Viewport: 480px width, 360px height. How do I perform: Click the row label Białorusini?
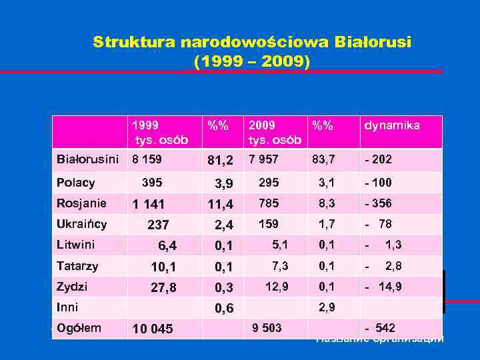(88, 160)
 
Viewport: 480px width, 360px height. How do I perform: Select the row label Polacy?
(76, 183)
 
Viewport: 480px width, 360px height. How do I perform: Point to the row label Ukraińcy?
(82, 224)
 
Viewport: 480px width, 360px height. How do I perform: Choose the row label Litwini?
(76, 245)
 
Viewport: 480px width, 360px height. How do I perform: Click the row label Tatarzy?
(78, 266)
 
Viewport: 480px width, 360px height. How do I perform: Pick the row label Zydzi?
(73, 287)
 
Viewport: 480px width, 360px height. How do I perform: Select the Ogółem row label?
(79, 327)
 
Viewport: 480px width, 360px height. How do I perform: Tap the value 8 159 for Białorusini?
(147, 160)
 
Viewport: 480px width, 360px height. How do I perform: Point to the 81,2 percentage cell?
(220, 161)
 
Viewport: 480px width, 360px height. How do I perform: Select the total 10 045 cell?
(153, 329)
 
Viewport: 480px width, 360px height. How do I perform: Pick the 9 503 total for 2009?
(267, 327)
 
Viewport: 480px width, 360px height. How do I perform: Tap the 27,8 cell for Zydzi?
(163, 287)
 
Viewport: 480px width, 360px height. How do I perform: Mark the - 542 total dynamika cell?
(380, 327)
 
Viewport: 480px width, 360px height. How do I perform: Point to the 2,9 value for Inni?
(327, 307)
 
